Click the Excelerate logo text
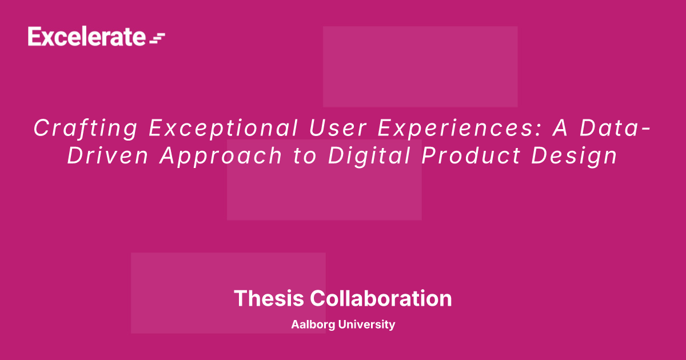(x=87, y=37)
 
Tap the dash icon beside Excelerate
(x=157, y=38)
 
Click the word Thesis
(x=269, y=298)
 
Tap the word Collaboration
(x=381, y=298)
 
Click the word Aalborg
(x=313, y=325)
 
